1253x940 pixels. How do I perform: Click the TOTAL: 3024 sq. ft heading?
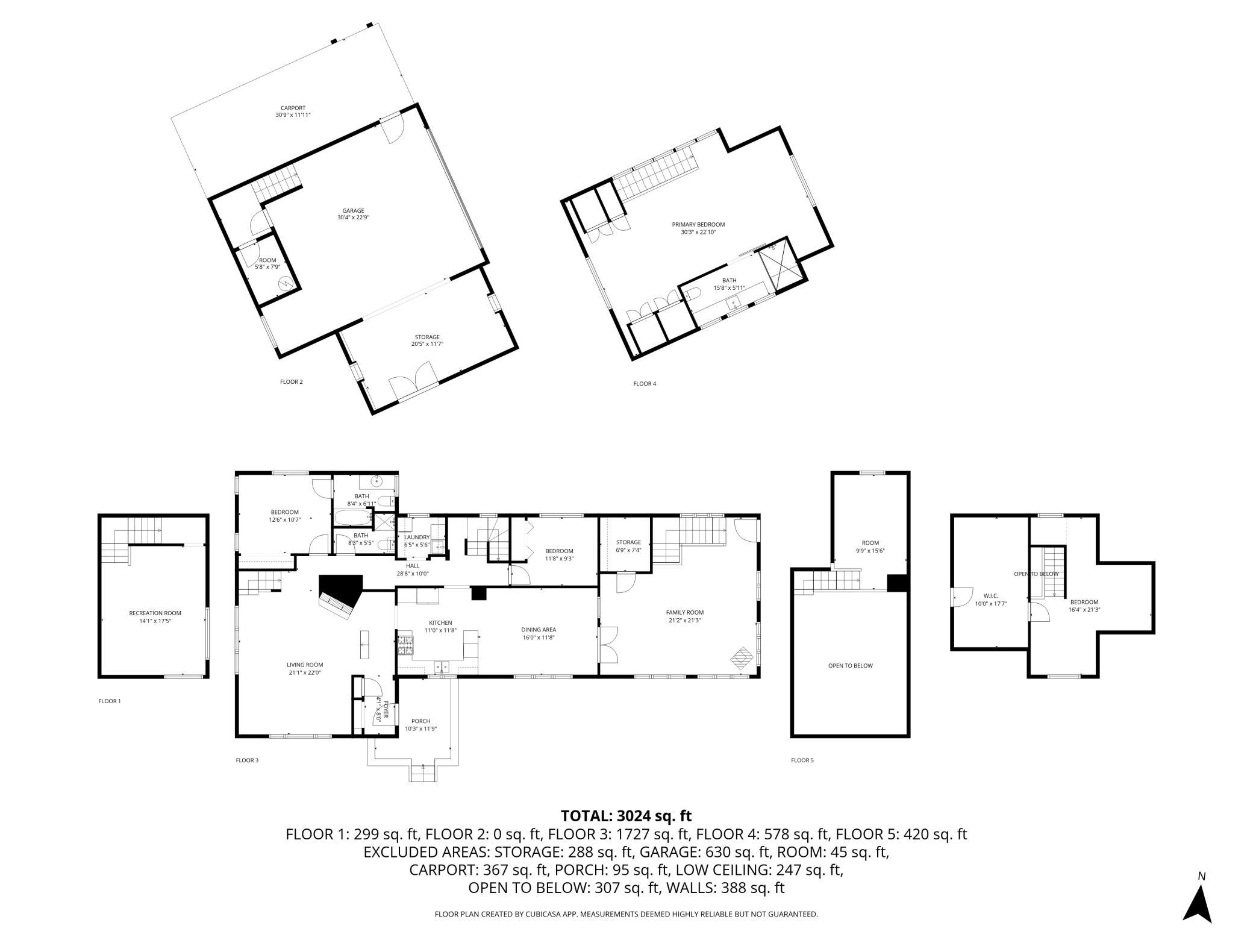tap(626, 816)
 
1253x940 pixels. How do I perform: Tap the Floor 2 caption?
tap(292, 381)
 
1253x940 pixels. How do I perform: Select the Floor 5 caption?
tap(802, 760)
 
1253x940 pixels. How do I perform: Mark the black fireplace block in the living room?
tap(340, 591)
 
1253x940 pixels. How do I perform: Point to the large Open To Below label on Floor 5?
tap(850, 666)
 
